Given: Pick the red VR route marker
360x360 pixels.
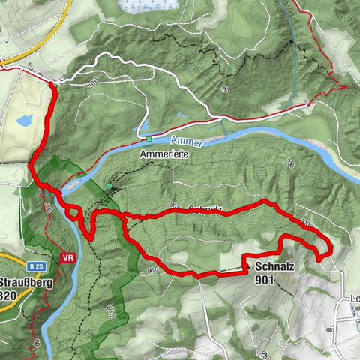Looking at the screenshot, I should pos(67,257).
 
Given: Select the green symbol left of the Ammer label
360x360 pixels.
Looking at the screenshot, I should pos(148,139).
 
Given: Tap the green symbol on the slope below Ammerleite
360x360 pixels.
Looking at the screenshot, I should pos(109,185).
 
